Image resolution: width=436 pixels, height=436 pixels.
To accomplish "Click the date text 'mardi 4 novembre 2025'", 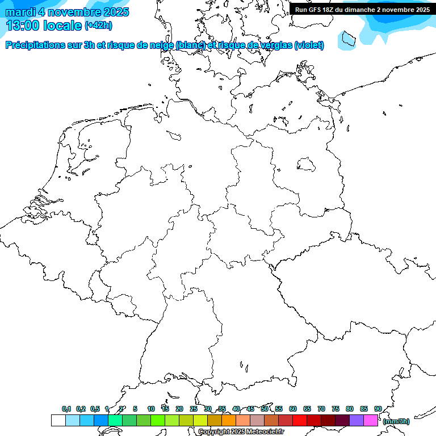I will point(67,12).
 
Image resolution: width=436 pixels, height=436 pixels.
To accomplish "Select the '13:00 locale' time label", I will point(44,26).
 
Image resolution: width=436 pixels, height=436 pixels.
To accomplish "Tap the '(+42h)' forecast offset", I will point(98,26).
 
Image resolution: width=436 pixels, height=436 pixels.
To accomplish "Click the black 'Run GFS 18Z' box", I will point(362,9).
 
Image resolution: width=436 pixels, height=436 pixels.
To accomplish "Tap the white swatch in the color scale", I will point(58,420).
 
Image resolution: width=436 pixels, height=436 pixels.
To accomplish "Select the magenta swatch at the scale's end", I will point(371,420).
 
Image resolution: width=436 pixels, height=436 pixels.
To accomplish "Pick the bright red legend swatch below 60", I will point(300,420).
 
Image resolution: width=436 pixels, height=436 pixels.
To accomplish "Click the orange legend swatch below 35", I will point(229,420).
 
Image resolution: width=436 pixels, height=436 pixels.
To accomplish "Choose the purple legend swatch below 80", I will point(357,420).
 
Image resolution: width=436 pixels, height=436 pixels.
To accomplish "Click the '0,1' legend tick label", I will point(66,409).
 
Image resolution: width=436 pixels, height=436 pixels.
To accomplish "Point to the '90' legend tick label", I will point(378,409).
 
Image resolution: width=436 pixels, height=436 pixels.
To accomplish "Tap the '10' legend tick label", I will point(151,409).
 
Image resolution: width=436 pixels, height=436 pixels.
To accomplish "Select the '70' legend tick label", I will point(321,409).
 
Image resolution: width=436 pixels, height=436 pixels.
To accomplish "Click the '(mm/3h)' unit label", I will point(396,421).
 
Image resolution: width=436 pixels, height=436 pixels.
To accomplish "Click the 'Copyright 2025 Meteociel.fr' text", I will point(241,432).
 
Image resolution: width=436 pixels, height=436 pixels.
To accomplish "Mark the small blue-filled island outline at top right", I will point(347,39).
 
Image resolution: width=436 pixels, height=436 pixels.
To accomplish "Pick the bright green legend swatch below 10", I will point(158,420).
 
